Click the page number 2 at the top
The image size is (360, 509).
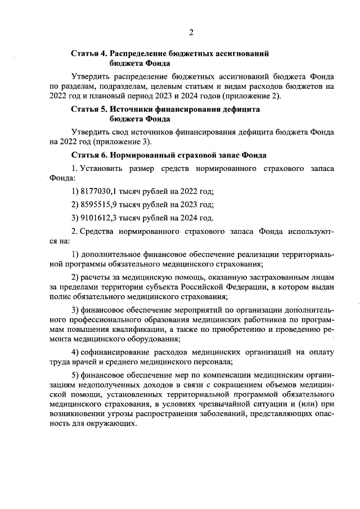click(191, 32)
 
